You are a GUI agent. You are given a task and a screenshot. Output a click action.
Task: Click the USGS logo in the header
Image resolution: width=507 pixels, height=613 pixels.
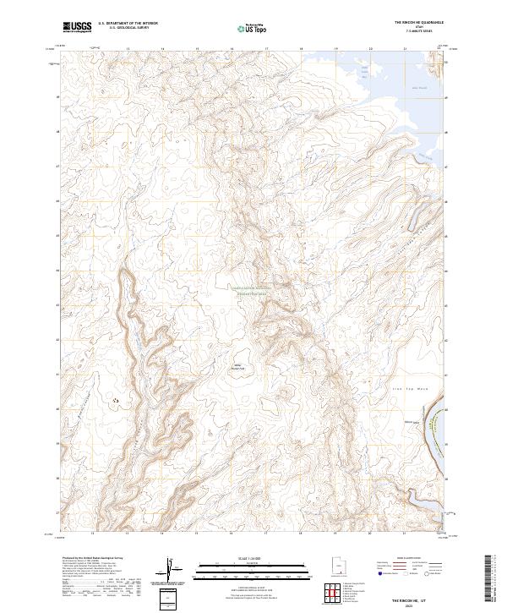click(x=77, y=27)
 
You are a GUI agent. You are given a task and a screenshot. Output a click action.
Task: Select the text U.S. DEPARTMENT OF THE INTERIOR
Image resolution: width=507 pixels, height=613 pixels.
click(x=128, y=24)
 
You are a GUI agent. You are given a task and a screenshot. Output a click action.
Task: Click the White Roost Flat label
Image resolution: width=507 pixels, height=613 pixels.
click(x=237, y=367)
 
